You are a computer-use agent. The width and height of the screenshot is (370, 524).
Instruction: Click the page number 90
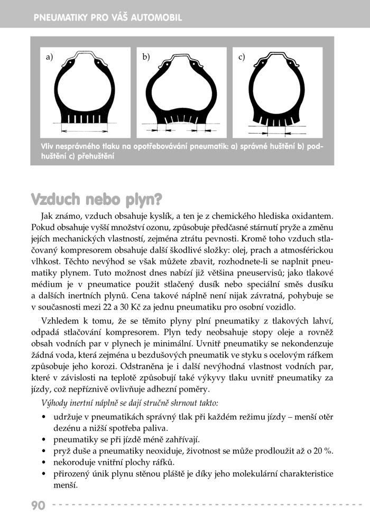tap(38, 505)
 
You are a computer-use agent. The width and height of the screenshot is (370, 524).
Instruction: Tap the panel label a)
tap(50, 57)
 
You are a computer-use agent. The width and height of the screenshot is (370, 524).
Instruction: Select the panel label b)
tap(146, 57)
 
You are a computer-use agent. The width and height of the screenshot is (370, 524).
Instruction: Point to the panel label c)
tap(242, 57)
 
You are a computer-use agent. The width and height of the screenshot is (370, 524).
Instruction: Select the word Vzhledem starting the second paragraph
tap(60, 322)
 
